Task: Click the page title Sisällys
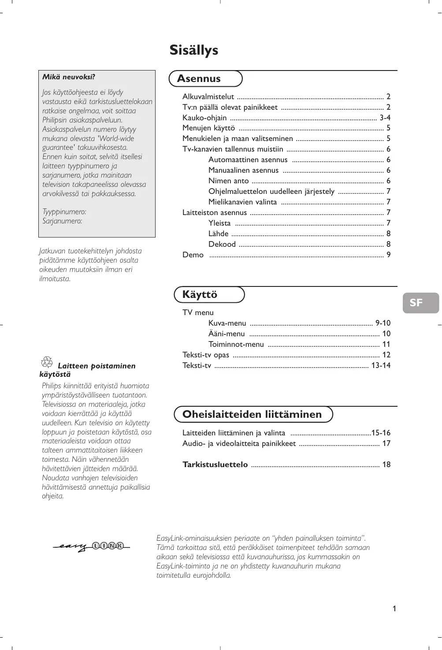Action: [194, 50]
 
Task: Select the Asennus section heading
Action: [199, 79]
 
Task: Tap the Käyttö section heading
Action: [200, 295]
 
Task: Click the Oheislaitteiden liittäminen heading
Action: [252, 414]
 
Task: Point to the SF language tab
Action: [416, 303]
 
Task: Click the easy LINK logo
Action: [92, 546]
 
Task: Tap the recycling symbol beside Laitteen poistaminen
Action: [47, 363]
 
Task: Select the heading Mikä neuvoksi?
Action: [69, 77]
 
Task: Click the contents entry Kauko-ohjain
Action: [204, 118]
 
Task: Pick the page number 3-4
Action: [385, 118]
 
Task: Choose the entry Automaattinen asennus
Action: [248, 160]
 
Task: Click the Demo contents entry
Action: [193, 255]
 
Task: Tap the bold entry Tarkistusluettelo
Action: [215, 465]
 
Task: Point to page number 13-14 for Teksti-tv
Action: [381, 366]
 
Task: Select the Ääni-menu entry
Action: [227, 334]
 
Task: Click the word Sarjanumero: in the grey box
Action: [62, 221]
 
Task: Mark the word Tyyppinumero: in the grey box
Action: [64, 212]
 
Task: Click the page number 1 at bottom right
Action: [394, 609]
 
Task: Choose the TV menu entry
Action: [198, 313]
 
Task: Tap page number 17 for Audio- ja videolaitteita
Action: [386, 444]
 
